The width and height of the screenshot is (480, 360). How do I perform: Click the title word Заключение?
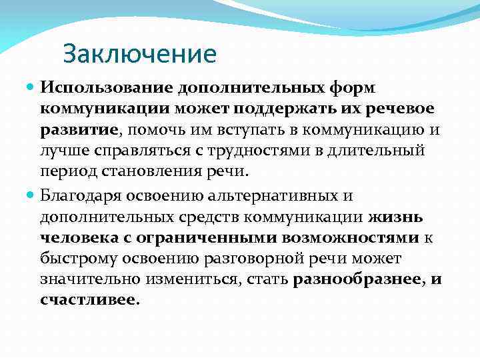[140, 54]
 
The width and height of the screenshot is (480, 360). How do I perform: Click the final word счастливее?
[88, 300]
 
